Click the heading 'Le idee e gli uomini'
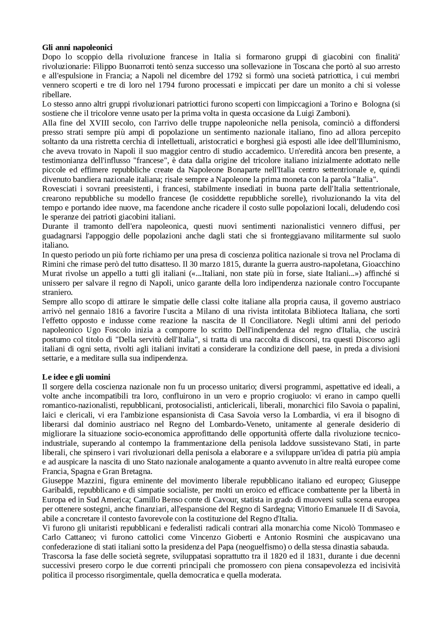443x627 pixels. [x=76, y=377]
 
